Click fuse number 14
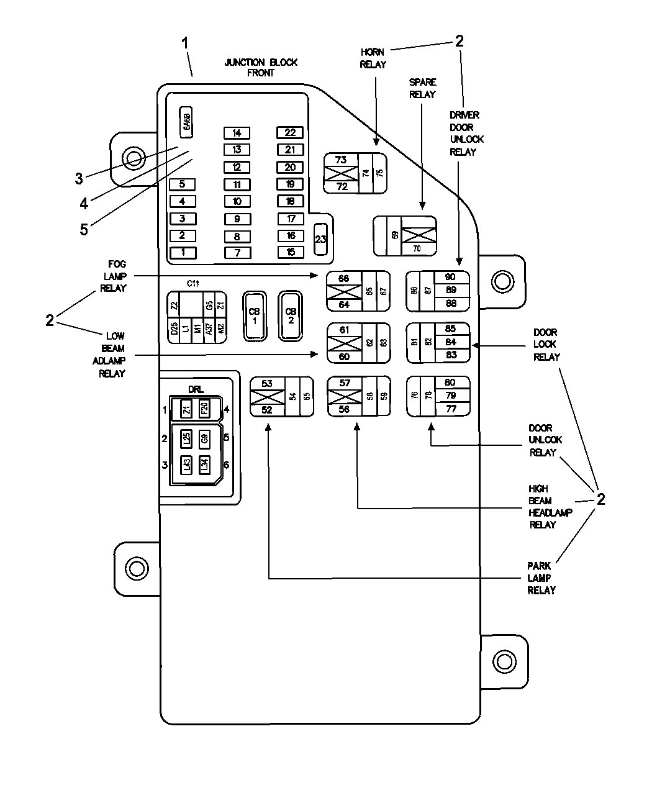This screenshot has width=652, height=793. coord(237,133)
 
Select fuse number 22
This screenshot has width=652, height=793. coord(290,132)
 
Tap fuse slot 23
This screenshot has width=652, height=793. coord(320,240)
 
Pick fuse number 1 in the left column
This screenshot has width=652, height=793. coord(183,253)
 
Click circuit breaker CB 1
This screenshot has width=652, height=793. coord(254,315)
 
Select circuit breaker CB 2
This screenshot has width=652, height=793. coord(290,316)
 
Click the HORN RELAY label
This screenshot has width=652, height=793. coord(373,58)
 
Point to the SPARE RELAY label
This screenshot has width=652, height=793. coord(422,88)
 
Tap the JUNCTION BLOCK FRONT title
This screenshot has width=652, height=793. coord(261,67)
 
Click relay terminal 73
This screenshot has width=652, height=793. coord(341,160)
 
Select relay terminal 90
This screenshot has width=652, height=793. coord(450,277)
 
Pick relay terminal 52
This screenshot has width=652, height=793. coord(266,409)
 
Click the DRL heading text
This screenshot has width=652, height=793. coord(196,389)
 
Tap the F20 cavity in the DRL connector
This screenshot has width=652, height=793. coord(204,409)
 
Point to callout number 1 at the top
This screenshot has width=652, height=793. coord(184,43)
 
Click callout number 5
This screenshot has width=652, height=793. coord(84,229)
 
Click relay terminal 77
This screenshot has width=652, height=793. coord(450,409)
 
